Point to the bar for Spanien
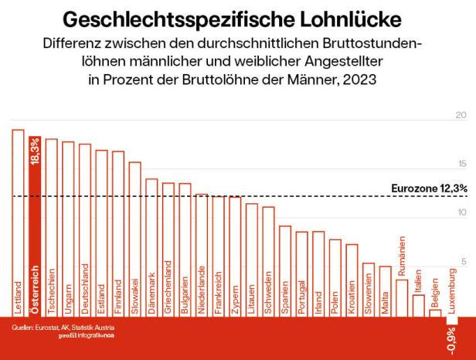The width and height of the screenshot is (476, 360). point(285,270)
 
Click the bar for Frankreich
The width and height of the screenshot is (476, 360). point(218,256)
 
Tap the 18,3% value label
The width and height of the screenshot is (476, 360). point(35,151)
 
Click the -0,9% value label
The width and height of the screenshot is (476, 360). point(451,338)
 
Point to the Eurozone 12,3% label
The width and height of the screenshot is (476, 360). point(429,188)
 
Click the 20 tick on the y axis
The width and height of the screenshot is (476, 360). point(461,115)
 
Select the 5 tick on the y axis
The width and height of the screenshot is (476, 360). point(464,262)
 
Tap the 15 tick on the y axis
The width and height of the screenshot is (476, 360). point(461,164)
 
